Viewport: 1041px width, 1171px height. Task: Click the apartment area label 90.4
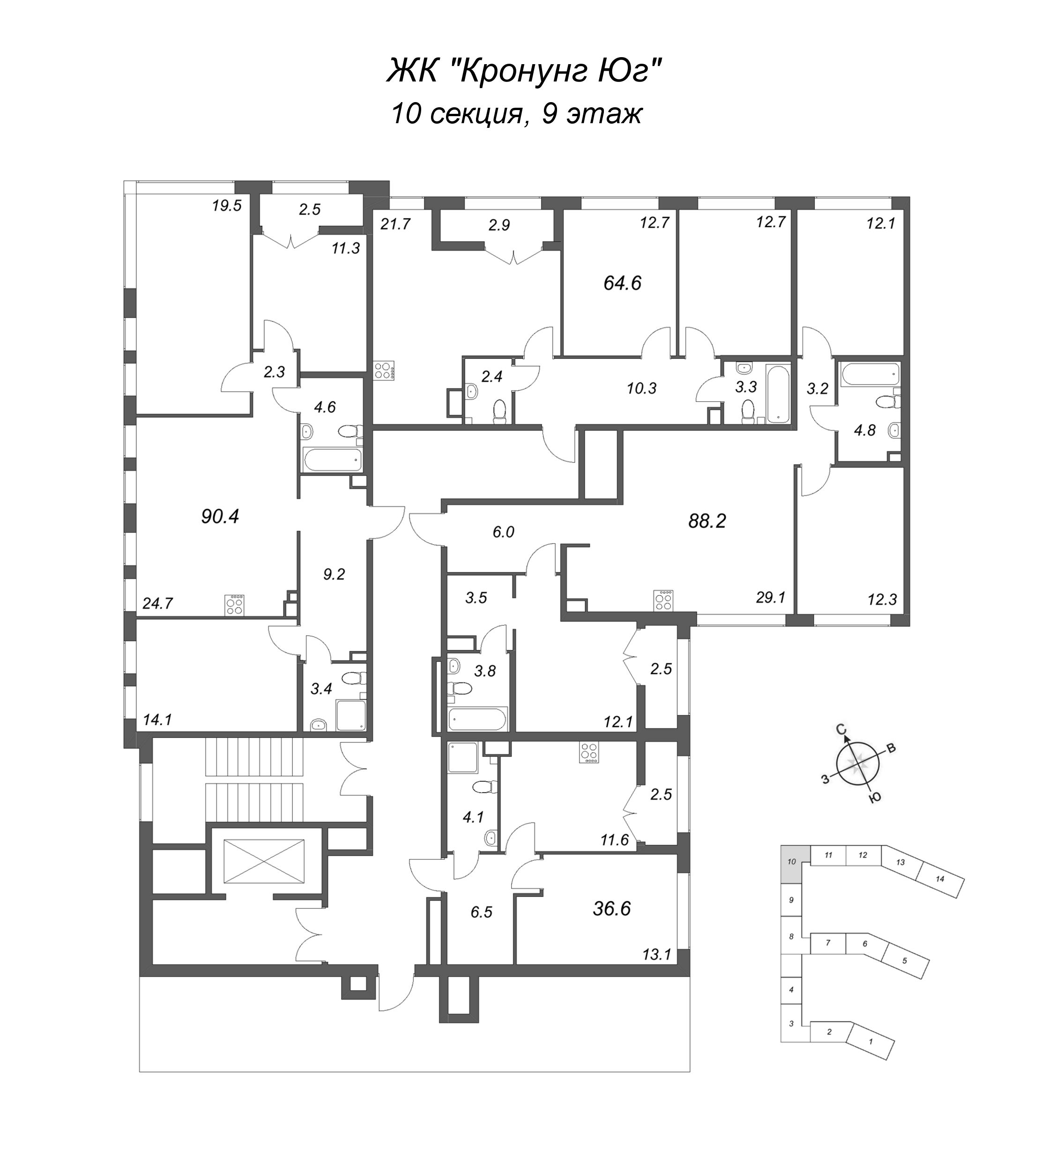tap(220, 517)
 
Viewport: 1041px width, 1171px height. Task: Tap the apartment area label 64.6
tap(622, 283)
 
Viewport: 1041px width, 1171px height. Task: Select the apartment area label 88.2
tap(707, 521)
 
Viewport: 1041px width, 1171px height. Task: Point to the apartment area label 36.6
tap(612, 909)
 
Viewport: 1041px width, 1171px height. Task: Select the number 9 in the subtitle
tap(549, 113)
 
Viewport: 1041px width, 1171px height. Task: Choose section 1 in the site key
tap(870, 1041)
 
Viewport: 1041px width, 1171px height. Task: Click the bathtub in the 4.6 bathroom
tap(332, 460)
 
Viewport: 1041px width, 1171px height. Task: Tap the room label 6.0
tap(503, 532)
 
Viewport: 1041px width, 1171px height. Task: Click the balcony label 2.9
tap(499, 225)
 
